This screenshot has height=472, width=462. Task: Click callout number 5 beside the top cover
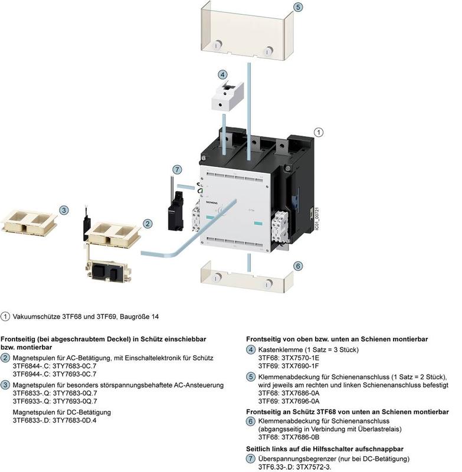(x=298, y=7)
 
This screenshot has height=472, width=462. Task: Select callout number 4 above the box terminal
(x=222, y=75)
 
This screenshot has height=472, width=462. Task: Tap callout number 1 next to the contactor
(x=319, y=132)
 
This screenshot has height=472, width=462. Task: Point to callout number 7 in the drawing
(x=177, y=169)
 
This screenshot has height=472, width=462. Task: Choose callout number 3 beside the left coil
(x=64, y=210)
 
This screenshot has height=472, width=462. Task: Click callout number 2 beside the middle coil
(x=148, y=224)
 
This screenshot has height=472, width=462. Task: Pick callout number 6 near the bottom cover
(x=298, y=266)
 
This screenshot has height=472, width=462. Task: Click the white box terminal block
(x=227, y=96)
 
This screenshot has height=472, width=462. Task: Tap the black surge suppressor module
(x=175, y=212)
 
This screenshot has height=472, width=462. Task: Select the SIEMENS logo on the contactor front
(x=212, y=202)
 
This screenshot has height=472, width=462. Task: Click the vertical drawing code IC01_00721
(x=316, y=219)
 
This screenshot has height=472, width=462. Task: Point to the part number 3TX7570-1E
(x=300, y=358)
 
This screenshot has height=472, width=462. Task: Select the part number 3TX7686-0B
(x=300, y=437)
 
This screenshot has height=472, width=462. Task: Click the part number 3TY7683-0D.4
(x=74, y=420)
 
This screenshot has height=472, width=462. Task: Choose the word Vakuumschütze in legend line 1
(x=37, y=317)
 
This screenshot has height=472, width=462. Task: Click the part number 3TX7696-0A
(x=300, y=401)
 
